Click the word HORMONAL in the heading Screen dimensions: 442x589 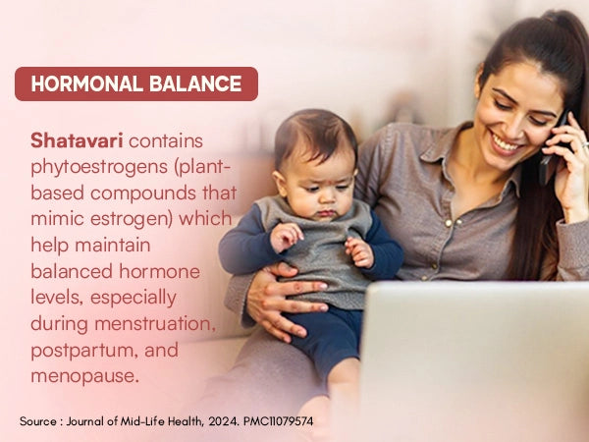tap(85, 84)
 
